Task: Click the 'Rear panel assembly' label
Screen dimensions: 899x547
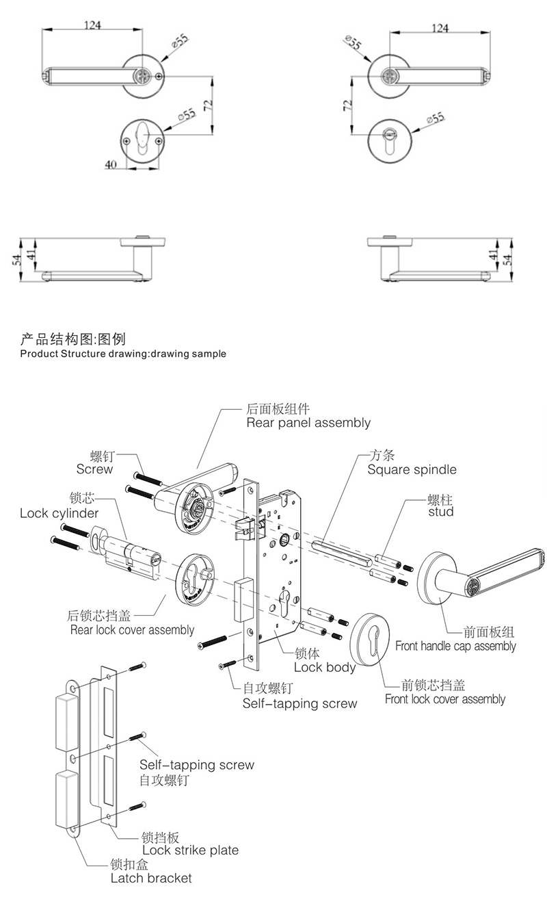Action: tap(308, 423)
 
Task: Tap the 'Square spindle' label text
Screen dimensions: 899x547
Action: tap(412, 469)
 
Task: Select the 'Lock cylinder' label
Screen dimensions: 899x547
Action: tap(59, 513)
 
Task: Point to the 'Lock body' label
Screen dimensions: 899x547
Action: tap(324, 667)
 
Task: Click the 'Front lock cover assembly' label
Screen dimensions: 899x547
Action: tap(444, 699)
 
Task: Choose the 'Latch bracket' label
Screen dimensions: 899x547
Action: tap(151, 878)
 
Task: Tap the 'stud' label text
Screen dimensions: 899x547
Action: tap(440, 512)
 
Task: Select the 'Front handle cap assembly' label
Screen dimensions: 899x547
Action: tap(455, 646)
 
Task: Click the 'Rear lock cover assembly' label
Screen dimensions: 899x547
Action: tap(132, 629)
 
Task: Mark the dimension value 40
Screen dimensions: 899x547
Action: tap(111, 164)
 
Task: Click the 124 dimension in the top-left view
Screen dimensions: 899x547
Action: tap(92, 25)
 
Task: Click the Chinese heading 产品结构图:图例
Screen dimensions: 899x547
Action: tap(73, 339)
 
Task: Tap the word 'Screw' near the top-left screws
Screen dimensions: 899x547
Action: tap(94, 469)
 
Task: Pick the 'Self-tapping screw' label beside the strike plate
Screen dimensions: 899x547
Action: tap(196, 765)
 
